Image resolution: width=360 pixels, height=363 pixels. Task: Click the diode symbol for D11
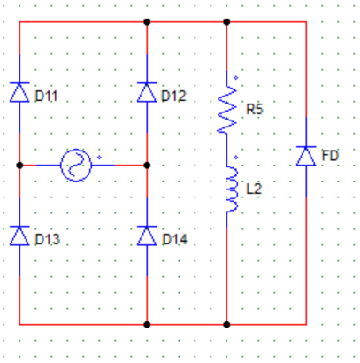click(x=19, y=92)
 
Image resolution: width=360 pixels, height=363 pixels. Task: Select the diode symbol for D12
click(x=147, y=92)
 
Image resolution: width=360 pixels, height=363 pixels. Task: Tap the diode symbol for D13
click(x=19, y=236)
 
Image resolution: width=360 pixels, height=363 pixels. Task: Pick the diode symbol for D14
click(x=147, y=236)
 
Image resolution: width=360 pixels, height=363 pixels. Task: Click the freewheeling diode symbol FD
click(x=306, y=156)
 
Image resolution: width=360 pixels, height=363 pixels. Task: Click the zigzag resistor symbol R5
click(x=226, y=109)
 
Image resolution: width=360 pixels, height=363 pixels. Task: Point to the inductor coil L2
click(x=232, y=189)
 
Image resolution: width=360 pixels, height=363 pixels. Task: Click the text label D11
click(x=46, y=96)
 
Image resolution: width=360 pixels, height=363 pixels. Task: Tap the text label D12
click(x=173, y=96)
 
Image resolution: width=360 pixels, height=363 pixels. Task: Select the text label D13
click(x=47, y=239)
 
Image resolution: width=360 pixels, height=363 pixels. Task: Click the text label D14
click(x=175, y=239)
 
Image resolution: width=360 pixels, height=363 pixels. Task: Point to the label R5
click(x=255, y=109)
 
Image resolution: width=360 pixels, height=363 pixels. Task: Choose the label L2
click(x=254, y=189)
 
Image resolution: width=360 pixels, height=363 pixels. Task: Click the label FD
click(x=330, y=156)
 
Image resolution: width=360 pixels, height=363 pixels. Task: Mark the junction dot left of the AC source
click(x=19, y=166)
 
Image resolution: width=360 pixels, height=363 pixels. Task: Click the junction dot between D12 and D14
click(x=147, y=166)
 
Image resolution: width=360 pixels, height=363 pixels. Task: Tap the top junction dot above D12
click(x=147, y=22)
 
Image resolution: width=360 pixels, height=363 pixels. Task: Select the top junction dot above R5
click(x=226, y=22)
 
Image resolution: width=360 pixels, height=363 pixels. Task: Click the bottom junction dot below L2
click(x=226, y=325)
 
